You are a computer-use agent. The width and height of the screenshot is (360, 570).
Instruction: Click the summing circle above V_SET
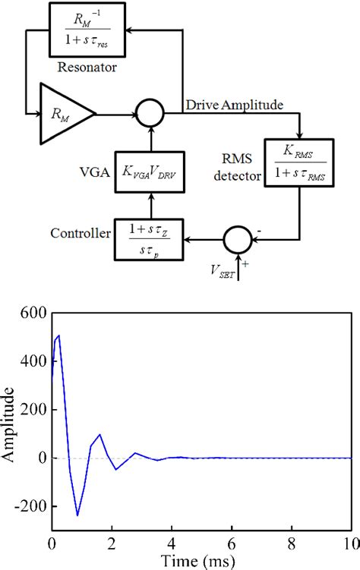(238, 242)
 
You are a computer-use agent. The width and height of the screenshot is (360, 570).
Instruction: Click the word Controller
(78, 231)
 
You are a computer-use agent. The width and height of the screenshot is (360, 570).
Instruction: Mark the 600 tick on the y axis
(33, 313)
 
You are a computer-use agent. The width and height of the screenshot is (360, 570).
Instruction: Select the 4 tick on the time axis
(172, 543)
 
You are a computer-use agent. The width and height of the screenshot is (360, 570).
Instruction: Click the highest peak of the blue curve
(58, 335)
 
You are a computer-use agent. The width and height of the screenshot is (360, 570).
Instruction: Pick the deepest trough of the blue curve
(77, 515)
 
